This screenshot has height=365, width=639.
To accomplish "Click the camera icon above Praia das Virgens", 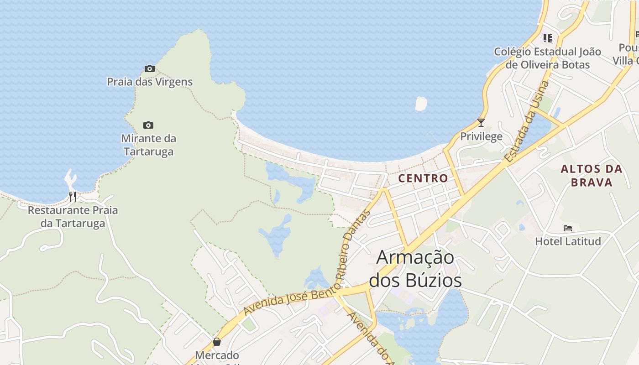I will pos(149,69).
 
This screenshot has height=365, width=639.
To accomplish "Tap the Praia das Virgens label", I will pos(150,82).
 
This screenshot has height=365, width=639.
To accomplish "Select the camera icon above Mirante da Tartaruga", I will pos(148,125).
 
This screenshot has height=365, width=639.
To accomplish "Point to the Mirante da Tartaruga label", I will pos(148,145).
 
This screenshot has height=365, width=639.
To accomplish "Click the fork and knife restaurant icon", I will pos(73,197).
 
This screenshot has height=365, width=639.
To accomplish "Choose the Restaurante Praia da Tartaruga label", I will pos(73,217).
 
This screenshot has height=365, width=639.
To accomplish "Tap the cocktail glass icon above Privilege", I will pos(481,122).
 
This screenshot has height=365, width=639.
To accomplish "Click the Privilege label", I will pos(481,136).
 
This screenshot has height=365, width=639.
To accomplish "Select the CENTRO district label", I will pos(423,178).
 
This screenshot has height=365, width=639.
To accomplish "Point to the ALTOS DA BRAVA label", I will pos(592,176).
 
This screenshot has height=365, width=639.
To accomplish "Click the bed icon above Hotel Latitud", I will pos(568,228).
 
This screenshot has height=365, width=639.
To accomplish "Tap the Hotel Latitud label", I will pos(568,241).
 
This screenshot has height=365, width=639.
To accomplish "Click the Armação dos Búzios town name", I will pos(415,269).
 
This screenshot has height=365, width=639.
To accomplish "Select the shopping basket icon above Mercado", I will pos(217,342).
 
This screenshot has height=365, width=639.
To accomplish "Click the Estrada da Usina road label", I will pos(528,121).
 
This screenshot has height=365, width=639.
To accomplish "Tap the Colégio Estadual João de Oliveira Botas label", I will pos(548,58).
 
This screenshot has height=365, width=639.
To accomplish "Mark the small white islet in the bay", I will pos(421,104).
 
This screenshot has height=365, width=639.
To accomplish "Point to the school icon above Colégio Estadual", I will pos(548,38).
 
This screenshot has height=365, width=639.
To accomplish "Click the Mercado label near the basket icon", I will pos(217,355).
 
